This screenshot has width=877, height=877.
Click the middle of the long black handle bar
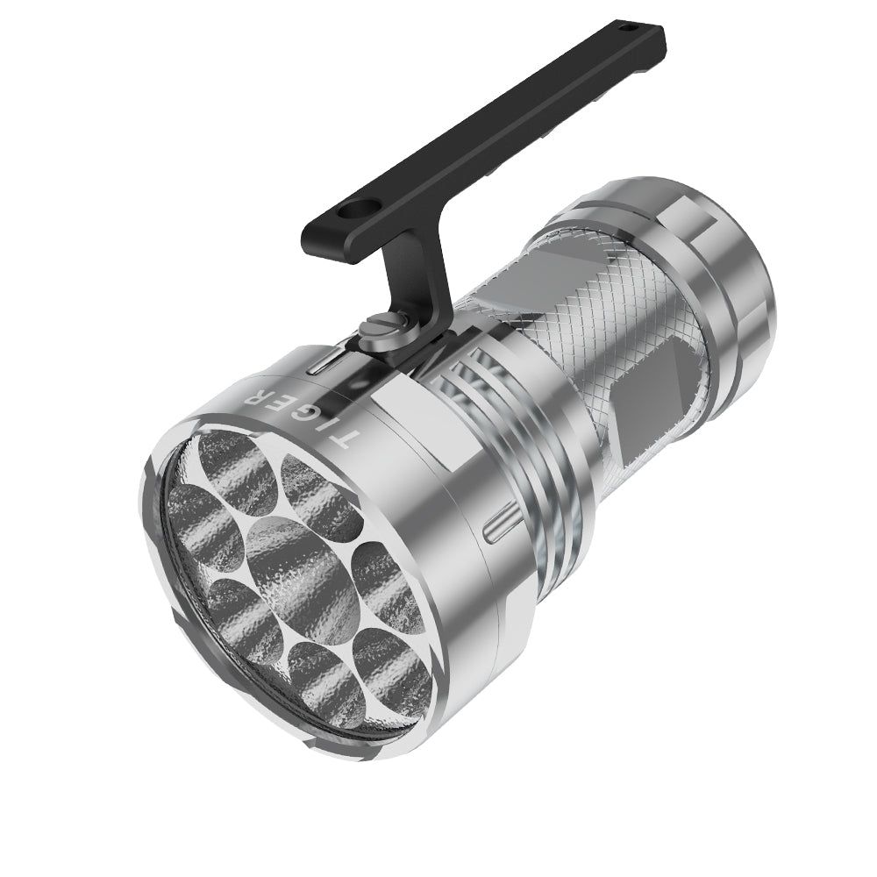(491, 123)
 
